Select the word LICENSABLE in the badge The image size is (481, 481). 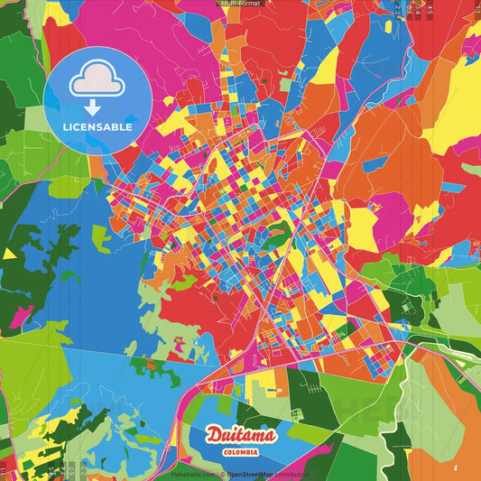tap(97, 127)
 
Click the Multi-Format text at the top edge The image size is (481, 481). tap(240, 4)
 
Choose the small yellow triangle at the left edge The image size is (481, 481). tap(8, 254)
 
